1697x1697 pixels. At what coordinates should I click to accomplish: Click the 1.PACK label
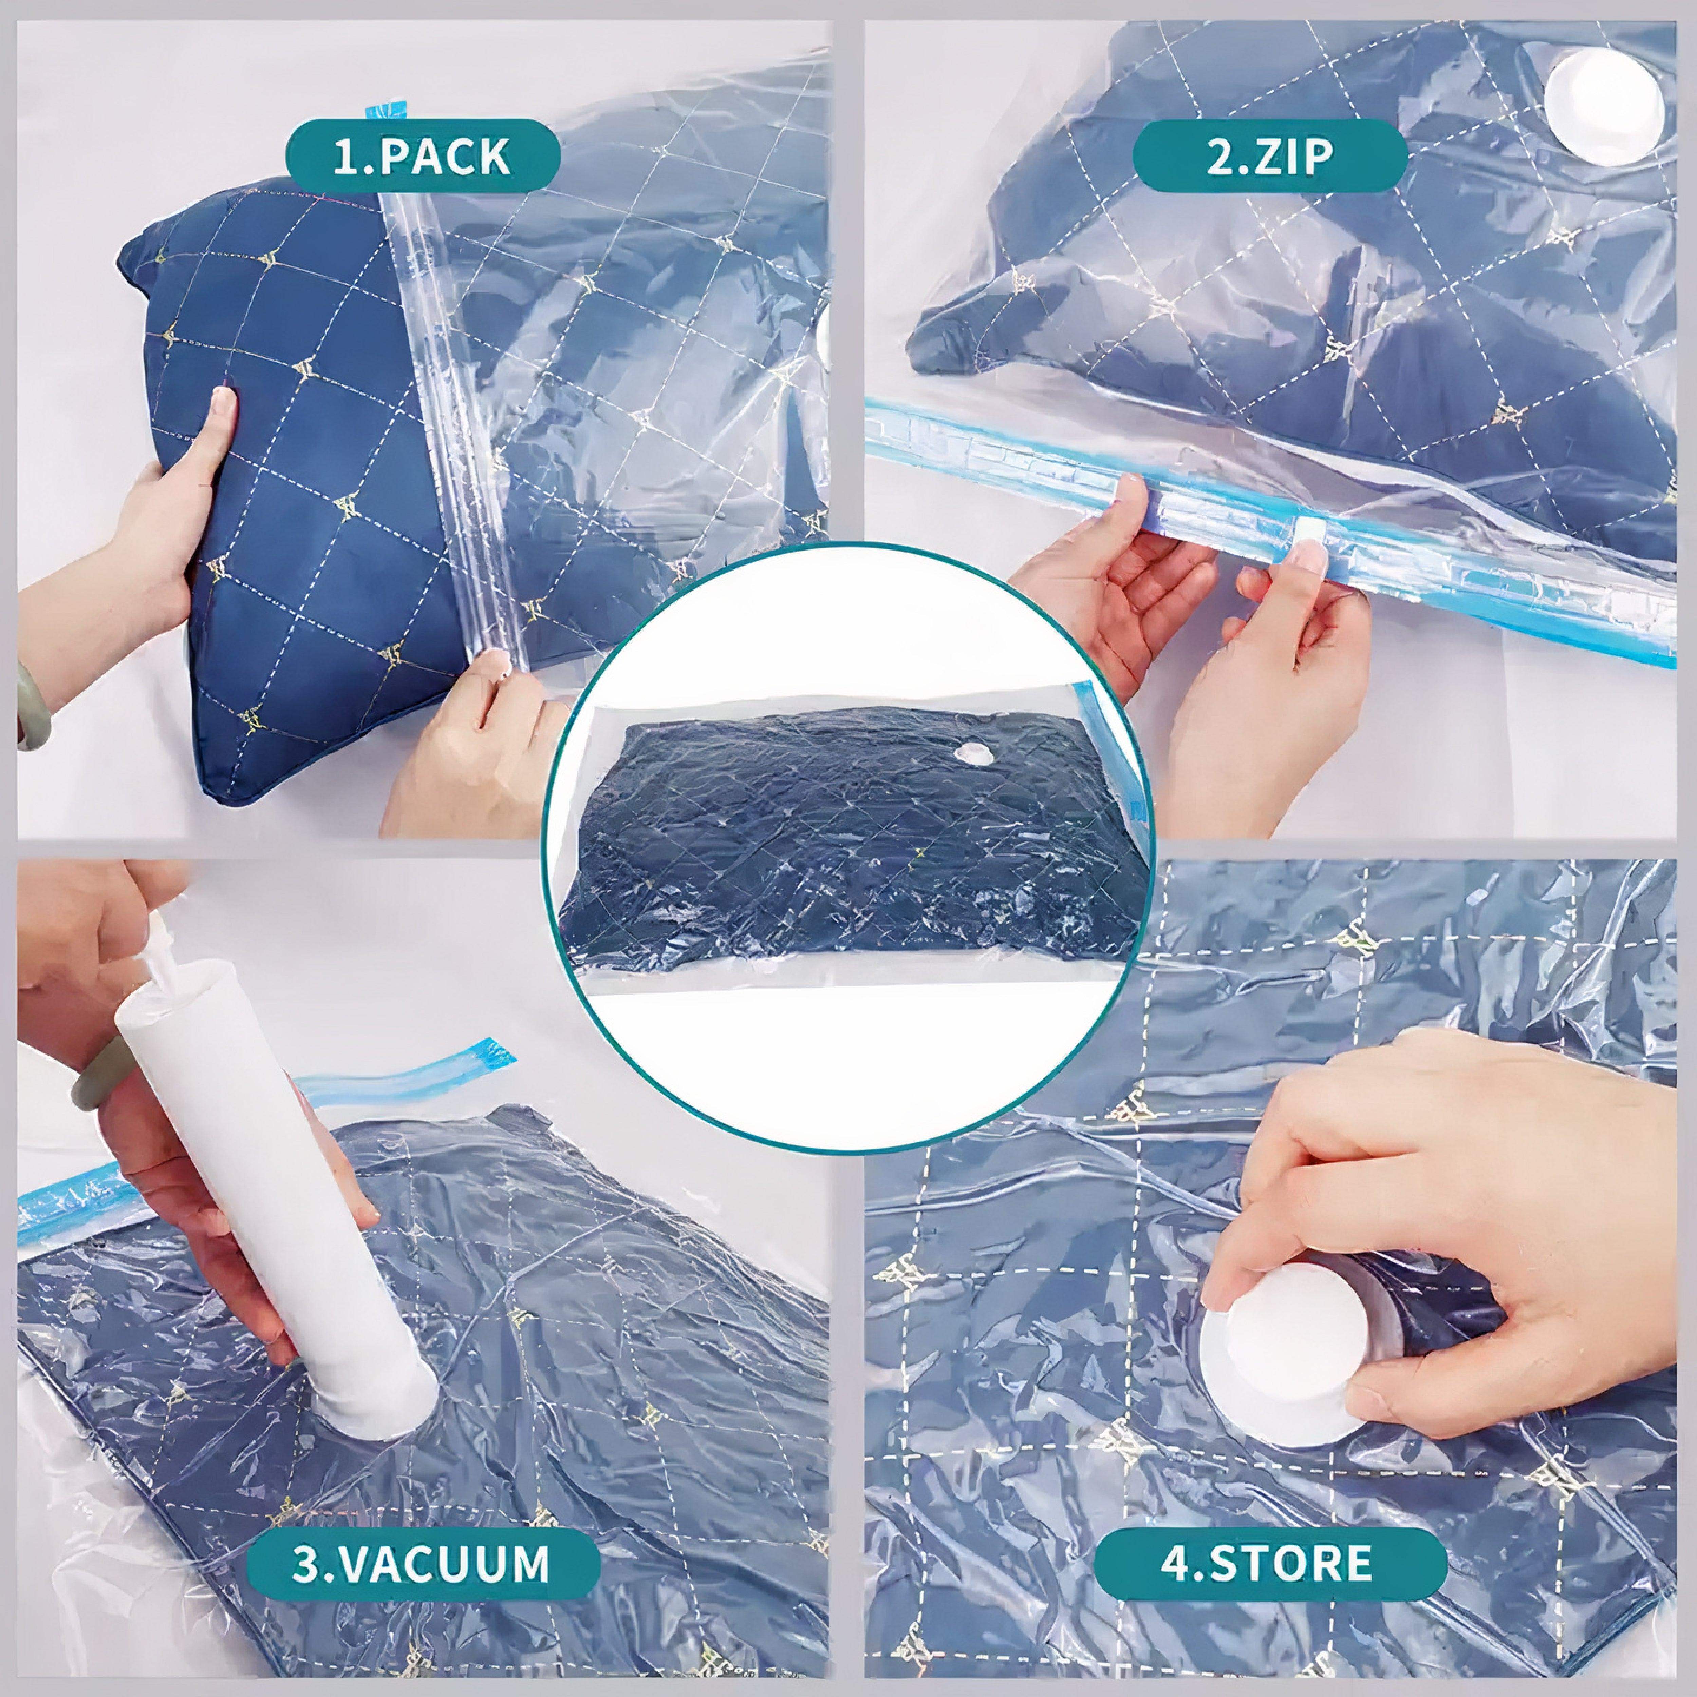click(422, 156)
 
